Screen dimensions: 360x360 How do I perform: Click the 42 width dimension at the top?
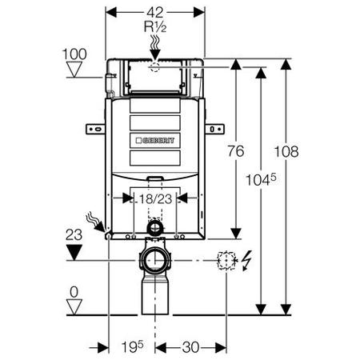[x=155, y=12]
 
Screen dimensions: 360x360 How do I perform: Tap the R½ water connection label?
[x=155, y=26]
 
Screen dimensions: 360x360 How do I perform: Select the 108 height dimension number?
[x=286, y=151]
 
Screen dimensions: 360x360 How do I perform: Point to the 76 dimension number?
[x=236, y=151]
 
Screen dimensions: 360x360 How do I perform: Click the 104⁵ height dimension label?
[x=261, y=179]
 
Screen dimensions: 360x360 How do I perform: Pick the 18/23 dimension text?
[x=156, y=199]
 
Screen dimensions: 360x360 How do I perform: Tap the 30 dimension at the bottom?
[x=190, y=347]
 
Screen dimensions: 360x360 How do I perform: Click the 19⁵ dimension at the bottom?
[x=132, y=346]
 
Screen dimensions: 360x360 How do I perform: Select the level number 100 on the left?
[x=74, y=54]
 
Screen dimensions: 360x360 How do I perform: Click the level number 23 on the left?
[x=74, y=235]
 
